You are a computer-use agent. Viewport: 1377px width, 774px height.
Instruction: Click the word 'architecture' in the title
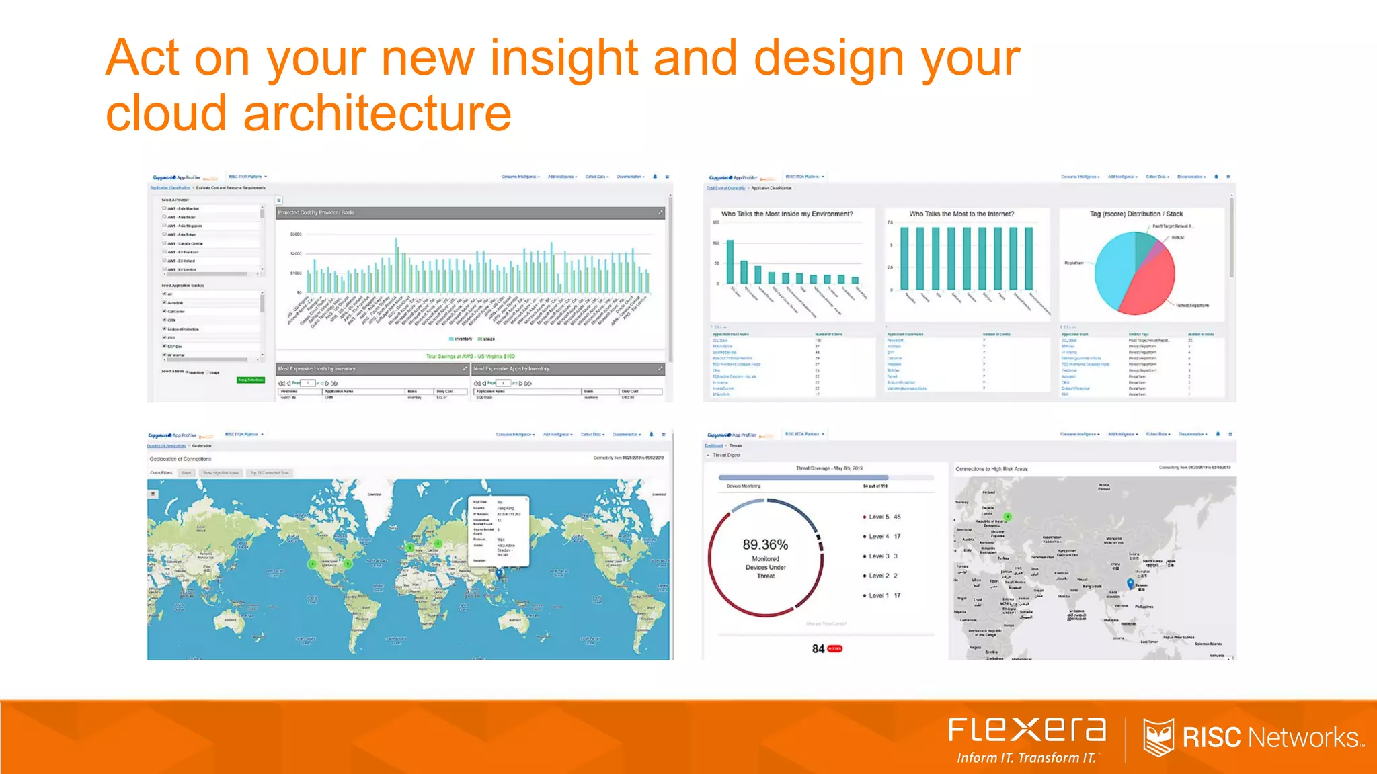(377, 113)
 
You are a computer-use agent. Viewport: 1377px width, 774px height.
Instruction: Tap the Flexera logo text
(1027, 730)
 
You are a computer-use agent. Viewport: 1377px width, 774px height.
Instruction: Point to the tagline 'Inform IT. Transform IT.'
(1026, 758)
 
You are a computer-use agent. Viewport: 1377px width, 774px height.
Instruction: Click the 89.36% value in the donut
(765, 544)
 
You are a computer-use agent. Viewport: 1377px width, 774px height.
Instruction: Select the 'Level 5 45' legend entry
(883, 517)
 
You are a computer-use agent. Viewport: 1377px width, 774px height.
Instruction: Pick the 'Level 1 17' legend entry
(883, 595)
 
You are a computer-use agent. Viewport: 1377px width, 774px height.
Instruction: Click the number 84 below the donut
(818, 648)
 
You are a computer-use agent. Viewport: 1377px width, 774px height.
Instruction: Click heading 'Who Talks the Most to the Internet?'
(961, 214)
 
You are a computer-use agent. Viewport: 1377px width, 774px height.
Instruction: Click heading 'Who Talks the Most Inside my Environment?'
(787, 214)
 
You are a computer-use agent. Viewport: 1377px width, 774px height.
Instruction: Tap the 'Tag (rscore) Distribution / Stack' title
(1136, 214)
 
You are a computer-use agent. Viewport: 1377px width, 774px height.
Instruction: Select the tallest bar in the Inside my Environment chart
(730, 261)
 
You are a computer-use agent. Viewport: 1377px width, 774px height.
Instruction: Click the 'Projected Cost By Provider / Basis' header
(316, 212)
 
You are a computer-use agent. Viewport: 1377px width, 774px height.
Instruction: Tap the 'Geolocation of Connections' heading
(180, 459)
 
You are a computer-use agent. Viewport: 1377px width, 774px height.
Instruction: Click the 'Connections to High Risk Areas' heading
(992, 469)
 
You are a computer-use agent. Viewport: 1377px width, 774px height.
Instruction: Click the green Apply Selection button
(250, 380)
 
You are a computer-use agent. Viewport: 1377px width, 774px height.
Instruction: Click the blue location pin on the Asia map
(1130, 583)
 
